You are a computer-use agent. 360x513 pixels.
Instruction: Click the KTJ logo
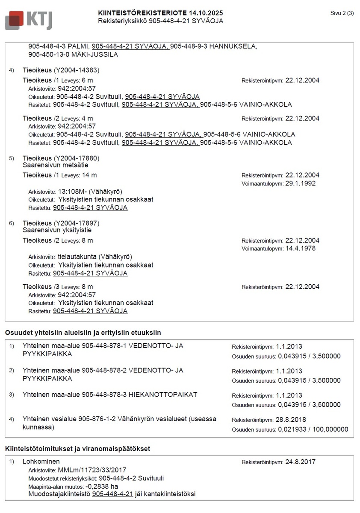pyautogui.click(x=28, y=20)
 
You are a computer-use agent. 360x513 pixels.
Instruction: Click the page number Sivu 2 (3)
pyautogui.click(x=342, y=13)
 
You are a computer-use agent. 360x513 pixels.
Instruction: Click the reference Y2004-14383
pyautogui.click(x=77, y=70)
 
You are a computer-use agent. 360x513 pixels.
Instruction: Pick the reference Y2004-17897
pyautogui.click(x=77, y=223)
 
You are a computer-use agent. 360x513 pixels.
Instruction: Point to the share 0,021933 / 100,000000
pyautogui.click(x=313, y=429)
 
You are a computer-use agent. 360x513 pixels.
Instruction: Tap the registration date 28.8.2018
pyautogui.click(x=291, y=420)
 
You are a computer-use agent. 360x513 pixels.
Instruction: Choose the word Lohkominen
pyautogui.click(x=41, y=462)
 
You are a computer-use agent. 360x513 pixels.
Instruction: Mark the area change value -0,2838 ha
pyautogui.click(x=102, y=486)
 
